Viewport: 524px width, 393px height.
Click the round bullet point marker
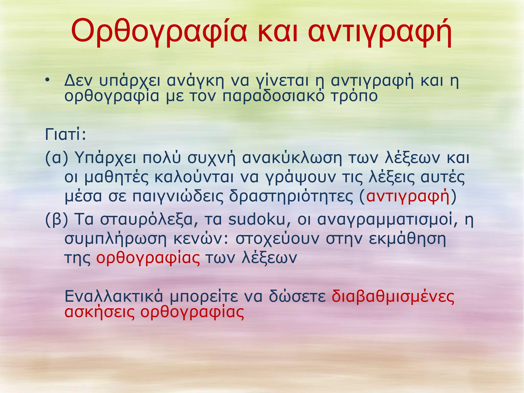[x=47, y=81]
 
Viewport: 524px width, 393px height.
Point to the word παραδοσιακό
[x=273, y=96]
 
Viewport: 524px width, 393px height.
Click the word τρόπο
[x=354, y=96]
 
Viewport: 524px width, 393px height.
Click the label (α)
[x=57, y=158]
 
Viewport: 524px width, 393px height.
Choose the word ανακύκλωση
[x=292, y=158]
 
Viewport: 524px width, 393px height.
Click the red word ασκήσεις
[x=100, y=312]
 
